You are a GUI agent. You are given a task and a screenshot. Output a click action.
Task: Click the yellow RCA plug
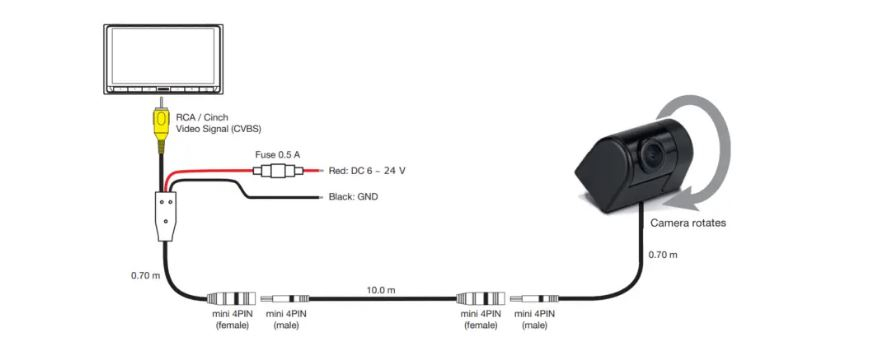tap(162, 126)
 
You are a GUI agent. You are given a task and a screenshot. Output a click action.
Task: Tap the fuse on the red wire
tap(277, 170)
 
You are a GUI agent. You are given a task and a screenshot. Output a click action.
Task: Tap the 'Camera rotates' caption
tap(688, 223)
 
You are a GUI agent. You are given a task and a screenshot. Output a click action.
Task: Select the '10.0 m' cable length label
tap(382, 290)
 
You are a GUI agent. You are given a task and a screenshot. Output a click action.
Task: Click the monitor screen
tap(163, 55)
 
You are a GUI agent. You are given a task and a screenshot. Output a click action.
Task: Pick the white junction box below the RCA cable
tap(165, 216)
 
